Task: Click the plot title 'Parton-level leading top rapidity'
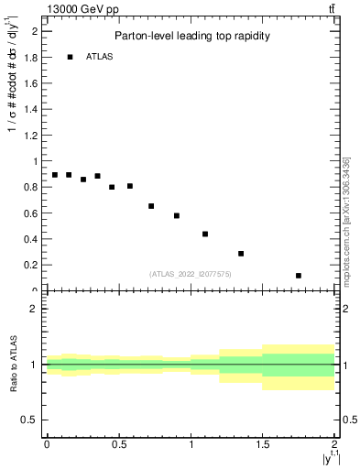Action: [191, 37]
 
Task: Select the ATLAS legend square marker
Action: [70, 57]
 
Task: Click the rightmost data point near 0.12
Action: [299, 276]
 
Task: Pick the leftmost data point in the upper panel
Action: [55, 175]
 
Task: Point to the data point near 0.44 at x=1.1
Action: [205, 234]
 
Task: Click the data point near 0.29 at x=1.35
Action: [241, 254]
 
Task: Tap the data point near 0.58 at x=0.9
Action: [177, 216]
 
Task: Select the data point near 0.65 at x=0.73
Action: [151, 206]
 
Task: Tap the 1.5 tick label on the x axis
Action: [263, 444]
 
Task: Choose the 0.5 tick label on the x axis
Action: [118, 444]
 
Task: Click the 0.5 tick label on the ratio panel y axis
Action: [30, 420]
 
